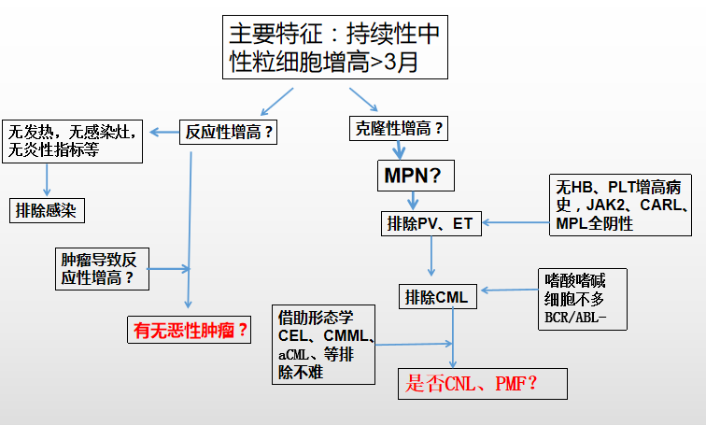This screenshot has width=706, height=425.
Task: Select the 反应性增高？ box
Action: pos(230,133)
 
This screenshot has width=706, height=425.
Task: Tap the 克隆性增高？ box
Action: pos(399,128)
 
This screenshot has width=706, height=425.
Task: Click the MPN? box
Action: pos(413,175)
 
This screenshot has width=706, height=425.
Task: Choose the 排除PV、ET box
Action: pos(430,224)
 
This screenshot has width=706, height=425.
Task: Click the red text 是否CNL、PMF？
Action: pos(471,382)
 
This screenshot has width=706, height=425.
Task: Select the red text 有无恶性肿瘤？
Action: pos(191,330)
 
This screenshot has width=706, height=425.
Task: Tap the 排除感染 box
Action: pos(46,210)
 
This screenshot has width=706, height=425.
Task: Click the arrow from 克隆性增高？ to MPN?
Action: pos(399,149)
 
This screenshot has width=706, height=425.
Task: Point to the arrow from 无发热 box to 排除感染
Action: pos(45,180)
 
